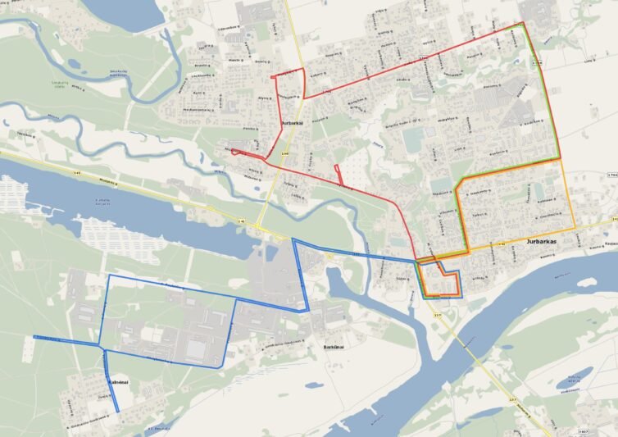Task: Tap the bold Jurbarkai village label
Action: click(x=293, y=123)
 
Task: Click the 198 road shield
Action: click(x=284, y=153)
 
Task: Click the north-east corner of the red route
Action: click(x=523, y=23)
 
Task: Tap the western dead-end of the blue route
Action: click(x=34, y=337)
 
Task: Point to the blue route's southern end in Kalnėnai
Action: click(x=117, y=411)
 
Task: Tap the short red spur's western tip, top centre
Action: click(x=272, y=76)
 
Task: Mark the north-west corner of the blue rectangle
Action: click(x=109, y=276)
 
